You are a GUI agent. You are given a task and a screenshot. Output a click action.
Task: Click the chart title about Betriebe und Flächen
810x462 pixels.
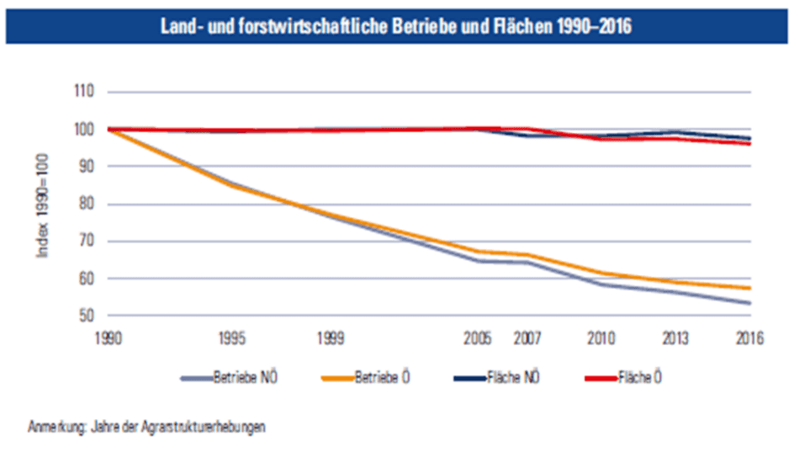click(396, 27)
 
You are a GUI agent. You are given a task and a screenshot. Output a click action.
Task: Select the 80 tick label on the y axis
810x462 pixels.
click(85, 204)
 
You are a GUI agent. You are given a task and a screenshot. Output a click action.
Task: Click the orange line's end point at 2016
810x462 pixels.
click(749, 288)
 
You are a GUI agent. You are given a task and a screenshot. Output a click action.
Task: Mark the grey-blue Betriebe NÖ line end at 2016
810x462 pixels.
click(749, 303)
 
